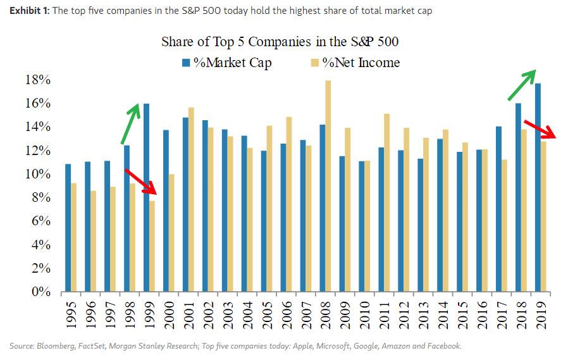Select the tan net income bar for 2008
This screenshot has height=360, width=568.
click(x=328, y=186)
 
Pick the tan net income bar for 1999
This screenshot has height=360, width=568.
click(x=152, y=246)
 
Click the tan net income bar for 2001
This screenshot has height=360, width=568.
click(x=191, y=199)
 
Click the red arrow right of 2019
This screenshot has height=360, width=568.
click(x=541, y=129)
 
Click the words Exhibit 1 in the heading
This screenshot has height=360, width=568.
click(x=26, y=11)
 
